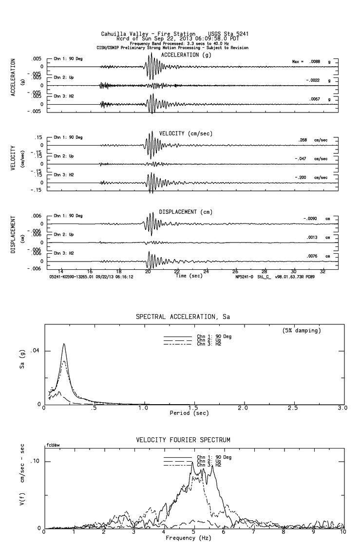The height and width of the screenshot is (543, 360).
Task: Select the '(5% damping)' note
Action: (x=302, y=331)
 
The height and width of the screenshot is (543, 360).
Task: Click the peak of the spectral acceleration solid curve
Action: (x=64, y=344)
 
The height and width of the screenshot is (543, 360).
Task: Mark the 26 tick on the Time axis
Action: (x=235, y=271)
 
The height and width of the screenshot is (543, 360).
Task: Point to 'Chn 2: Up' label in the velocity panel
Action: (x=64, y=156)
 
